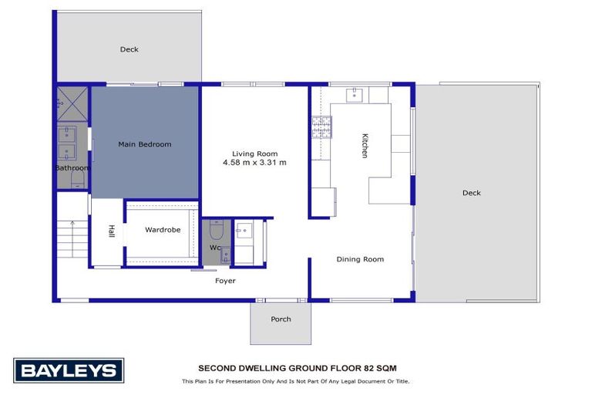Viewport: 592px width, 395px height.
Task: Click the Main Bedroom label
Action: click(144, 144)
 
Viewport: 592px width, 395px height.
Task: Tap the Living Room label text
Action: click(255, 153)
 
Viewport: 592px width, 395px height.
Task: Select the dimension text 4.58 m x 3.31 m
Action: click(254, 163)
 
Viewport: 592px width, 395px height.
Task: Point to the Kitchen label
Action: click(365, 145)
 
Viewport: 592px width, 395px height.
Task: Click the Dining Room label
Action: click(360, 259)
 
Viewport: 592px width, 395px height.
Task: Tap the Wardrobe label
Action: click(163, 229)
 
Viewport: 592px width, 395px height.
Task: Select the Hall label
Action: click(111, 231)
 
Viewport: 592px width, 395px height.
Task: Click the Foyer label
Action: click(225, 281)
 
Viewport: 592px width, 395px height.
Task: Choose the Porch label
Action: click(281, 319)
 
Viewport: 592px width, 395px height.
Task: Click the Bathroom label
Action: click(72, 167)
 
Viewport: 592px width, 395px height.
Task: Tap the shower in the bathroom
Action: click(72, 103)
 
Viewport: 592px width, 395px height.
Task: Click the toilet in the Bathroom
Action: click(77, 180)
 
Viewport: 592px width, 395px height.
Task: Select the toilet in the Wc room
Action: click(216, 230)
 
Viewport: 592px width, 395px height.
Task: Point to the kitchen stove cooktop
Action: click(321, 126)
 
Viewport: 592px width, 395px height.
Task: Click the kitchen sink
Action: click(355, 95)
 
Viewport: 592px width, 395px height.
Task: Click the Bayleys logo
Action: click(69, 370)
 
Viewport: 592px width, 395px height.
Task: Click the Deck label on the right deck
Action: click(471, 193)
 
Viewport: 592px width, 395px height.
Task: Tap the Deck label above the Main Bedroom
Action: click(129, 49)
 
